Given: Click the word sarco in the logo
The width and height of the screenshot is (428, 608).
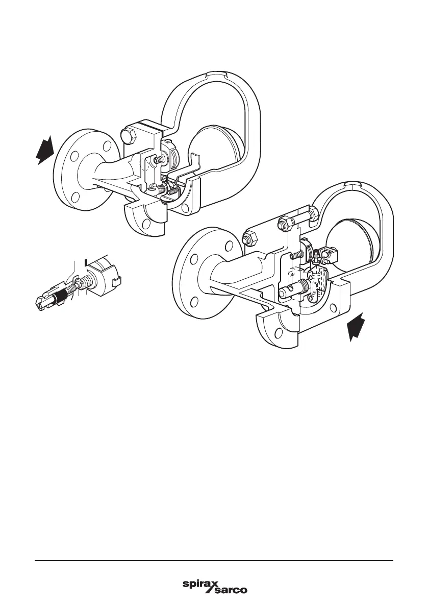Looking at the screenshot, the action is point(229,591).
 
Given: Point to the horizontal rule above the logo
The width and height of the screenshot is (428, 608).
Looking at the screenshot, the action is point(214,561).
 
